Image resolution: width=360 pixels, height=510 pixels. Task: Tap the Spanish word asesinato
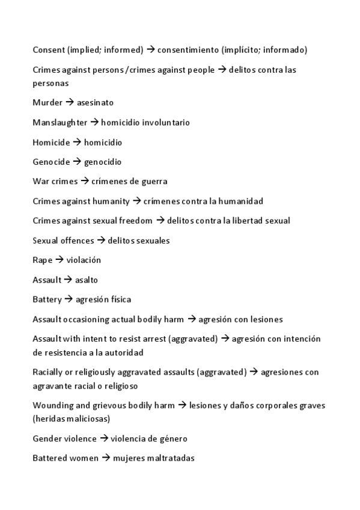95,103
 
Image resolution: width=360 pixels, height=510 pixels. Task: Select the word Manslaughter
60,123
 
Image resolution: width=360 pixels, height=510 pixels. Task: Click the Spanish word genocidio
103,162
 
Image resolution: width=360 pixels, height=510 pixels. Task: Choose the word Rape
43,260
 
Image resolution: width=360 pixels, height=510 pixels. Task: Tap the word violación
84,260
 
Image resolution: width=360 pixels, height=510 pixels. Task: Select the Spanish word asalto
87,280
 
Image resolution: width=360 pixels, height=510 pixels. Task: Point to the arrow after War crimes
85,182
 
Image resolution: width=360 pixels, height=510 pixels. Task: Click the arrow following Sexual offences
101,241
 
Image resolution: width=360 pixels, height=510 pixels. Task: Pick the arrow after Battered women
105,458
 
